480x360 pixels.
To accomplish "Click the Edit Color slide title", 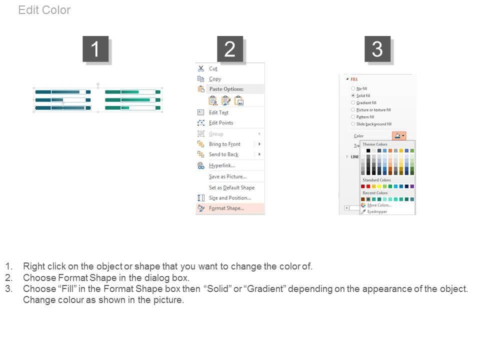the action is click(x=44, y=10).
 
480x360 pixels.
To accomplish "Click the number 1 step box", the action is click(x=95, y=49).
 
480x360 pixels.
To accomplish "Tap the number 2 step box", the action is click(x=230, y=49).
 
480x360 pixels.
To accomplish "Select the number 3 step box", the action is click(x=377, y=49).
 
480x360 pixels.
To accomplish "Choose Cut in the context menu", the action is click(x=213, y=68).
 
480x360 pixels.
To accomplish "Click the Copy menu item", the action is click(x=215, y=79).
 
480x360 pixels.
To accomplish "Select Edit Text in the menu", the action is click(x=218, y=112).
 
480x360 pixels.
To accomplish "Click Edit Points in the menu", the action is click(x=221, y=123).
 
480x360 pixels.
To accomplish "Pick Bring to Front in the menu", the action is click(x=224, y=144).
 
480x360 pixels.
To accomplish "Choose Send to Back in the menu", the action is click(x=224, y=154).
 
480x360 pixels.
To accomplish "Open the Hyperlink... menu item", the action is click(x=222, y=165).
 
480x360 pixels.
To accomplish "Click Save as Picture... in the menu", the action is click(x=228, y=176).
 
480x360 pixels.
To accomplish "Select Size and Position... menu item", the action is click(x=230, y=198).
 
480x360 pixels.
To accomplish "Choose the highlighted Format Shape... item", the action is click(x=226, y=208).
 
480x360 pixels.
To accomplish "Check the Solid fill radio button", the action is click(x=353, y=95).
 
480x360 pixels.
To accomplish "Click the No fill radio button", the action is click(x=353, y=88).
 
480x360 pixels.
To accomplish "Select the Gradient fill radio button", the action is click(x=353, y=102).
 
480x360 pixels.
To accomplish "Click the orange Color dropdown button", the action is click(x=399, y=135).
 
